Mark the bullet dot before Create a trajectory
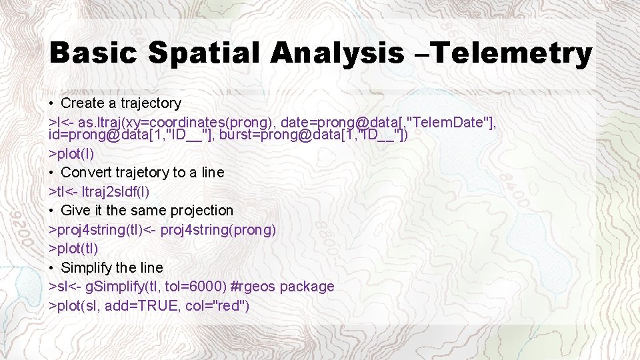point(51,103)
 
